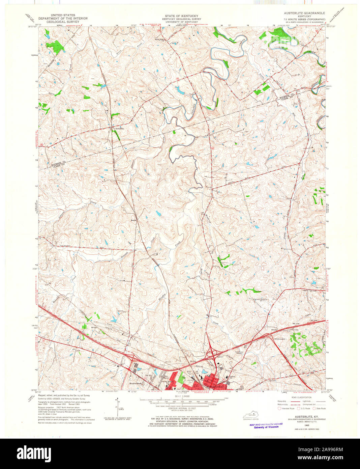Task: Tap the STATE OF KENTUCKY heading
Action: click(181, 16)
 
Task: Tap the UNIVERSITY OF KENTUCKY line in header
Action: click(181, 22)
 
